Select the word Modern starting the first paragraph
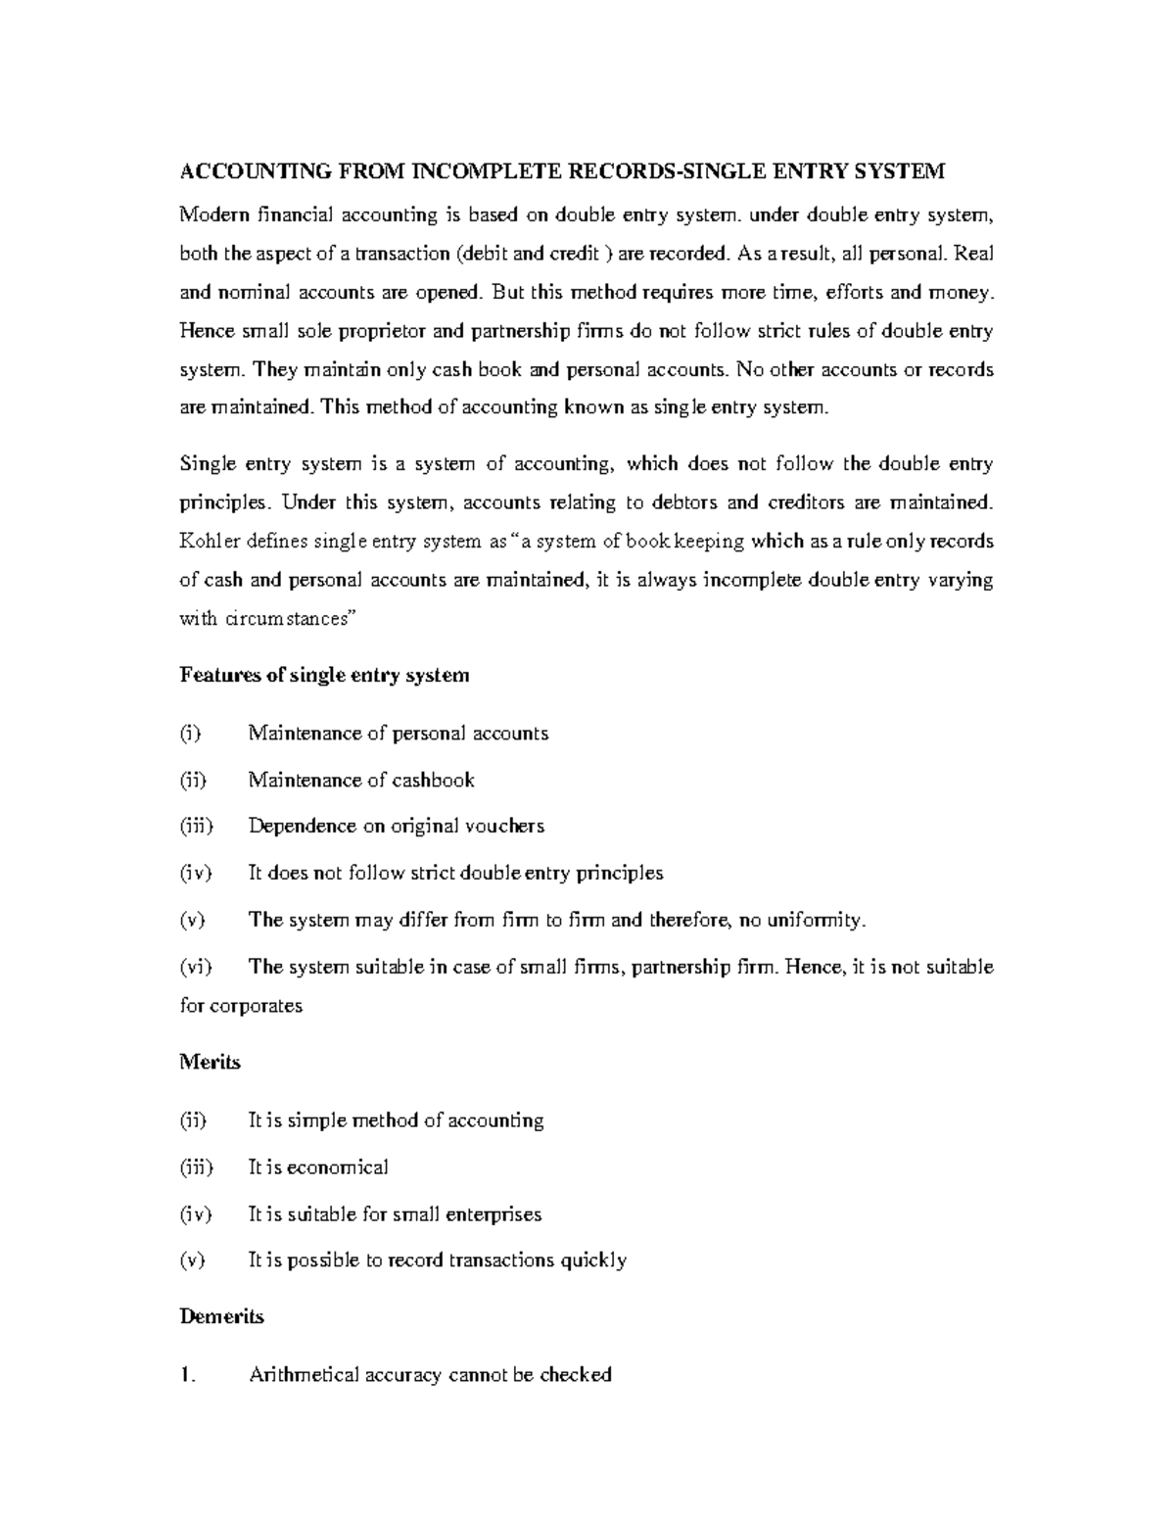(214, 214)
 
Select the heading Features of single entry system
(325, 676)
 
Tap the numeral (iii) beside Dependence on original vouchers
(196, 827)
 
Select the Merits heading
(210, 1063)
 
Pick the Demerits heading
(222, 1317)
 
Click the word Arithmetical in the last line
(303, 1375)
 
